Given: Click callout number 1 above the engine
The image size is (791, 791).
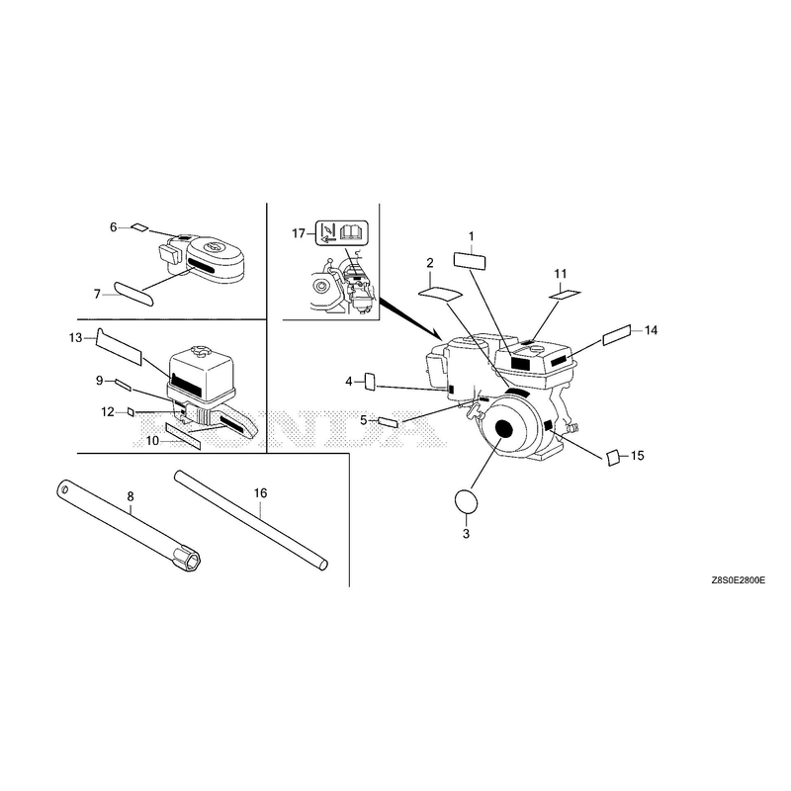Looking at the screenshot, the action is coord(472,236).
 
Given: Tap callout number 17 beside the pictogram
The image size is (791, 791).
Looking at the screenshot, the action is coord(299,233).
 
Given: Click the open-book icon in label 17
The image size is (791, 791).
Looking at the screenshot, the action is coord(354,232).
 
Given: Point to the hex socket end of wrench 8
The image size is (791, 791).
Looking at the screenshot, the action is coord(188,560).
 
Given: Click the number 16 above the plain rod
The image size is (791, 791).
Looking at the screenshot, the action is coord(260,492).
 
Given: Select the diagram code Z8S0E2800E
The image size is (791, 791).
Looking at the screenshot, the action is coord(738,580).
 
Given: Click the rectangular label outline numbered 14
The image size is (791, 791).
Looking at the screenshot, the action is coord(616,335).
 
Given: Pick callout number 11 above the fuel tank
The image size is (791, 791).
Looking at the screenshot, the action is coord(561,274).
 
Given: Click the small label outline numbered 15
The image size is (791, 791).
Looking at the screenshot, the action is coord(612,458).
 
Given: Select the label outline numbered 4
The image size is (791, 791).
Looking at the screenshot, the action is coord(370,382).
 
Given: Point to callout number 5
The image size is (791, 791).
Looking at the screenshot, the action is coord(363,419).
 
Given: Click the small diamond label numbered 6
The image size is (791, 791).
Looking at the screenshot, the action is coord(139,227).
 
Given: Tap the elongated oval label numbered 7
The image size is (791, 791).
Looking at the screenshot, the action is coord(133,294).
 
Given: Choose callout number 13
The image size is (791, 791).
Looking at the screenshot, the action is coord(75,337).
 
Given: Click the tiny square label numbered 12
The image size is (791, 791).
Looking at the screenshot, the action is coord(131,412).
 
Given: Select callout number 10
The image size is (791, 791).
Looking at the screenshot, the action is coord(152,441).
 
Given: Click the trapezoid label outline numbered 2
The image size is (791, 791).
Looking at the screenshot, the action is coord(439,293).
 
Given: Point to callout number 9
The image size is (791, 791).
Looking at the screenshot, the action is coord(100,381).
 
